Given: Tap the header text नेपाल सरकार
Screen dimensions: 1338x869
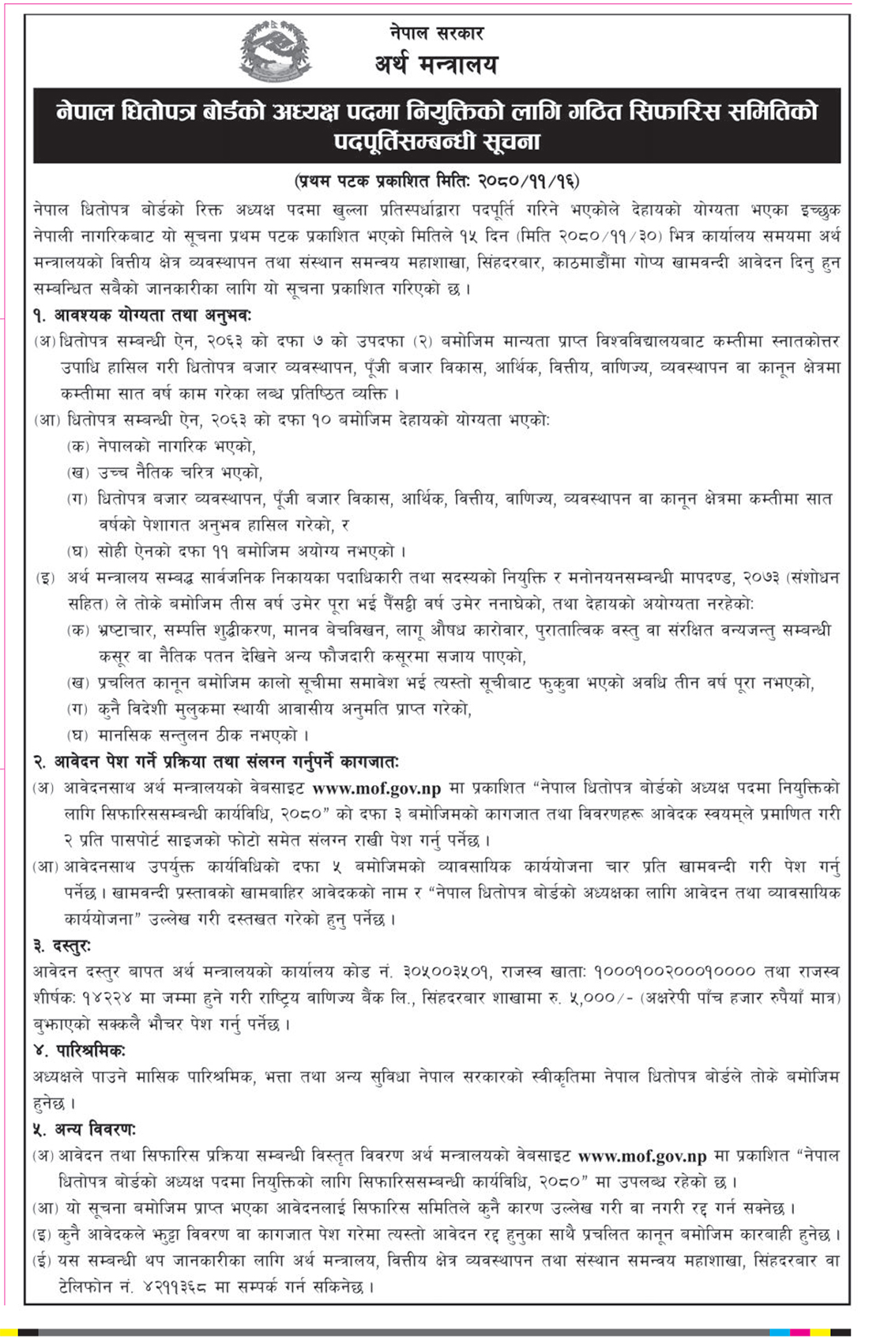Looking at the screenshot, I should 436,33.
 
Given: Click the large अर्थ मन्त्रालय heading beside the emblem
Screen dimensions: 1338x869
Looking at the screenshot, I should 436,65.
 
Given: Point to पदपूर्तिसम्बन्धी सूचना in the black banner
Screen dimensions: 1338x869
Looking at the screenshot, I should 436,142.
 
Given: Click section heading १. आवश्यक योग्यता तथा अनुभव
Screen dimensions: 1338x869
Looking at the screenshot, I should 142,314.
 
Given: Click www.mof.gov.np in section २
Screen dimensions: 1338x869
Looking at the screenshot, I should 377,788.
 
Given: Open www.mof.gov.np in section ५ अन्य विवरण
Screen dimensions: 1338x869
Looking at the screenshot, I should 642,1156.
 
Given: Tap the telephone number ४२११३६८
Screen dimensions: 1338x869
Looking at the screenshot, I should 177,1287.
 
